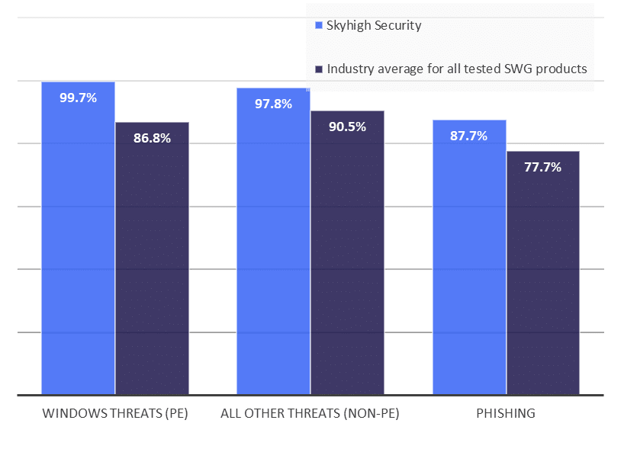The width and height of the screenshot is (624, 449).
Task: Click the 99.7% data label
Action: pos(78,98)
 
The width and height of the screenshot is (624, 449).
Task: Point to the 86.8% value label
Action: pos(152,138)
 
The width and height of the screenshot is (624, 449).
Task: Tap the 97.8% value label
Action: pos(273,104)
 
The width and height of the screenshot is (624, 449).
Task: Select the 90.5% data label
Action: pos(347,127)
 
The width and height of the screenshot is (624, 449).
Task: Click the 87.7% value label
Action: pos(469,136)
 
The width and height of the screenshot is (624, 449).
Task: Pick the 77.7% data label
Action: pos(542,167)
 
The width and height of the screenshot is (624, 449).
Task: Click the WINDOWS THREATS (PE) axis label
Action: pos(114,414)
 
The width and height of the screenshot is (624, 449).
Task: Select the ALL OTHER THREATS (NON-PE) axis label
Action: pos(310,414)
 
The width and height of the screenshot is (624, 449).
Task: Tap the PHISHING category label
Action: pos(506,414)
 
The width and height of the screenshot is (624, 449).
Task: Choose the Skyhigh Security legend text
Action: pos(374,25)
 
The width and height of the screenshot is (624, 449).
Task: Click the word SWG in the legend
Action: pos(519,69)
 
